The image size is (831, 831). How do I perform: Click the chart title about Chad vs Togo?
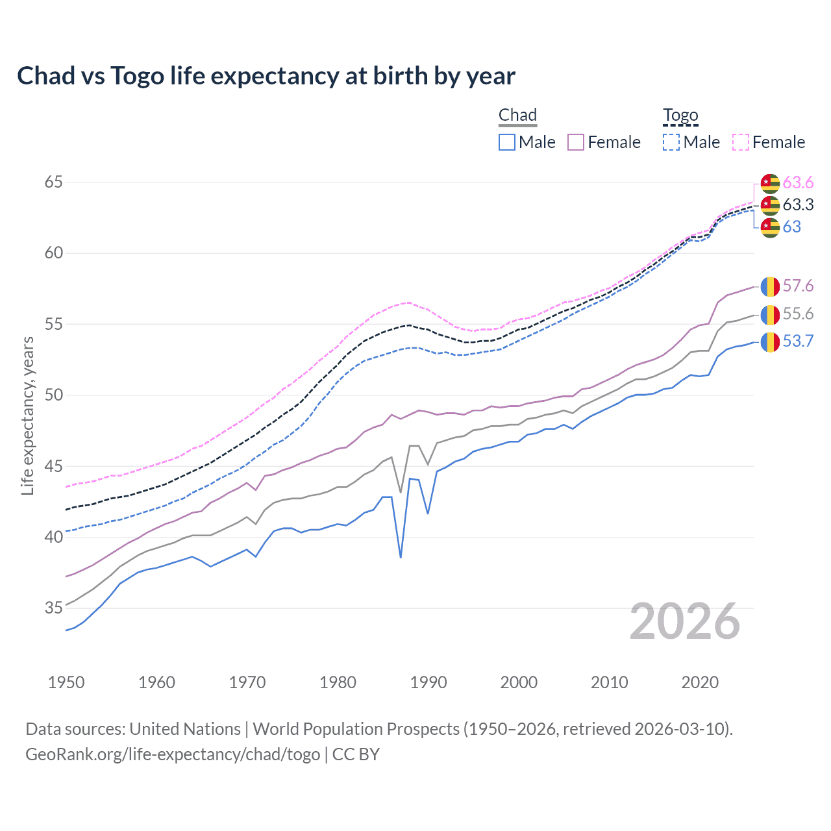[266, 76]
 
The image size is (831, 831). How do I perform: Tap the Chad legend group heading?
[517, 115]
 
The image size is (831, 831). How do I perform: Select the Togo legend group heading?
[680, 115]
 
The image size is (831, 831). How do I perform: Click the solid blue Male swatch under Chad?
[507, 142]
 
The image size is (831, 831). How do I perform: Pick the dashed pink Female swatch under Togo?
[741, 142]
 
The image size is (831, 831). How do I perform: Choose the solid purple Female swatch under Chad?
[576, 142]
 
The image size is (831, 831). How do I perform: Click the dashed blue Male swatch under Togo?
[671, 142]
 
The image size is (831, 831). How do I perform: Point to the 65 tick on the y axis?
[53, 182]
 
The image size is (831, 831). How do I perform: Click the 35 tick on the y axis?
[53, 608]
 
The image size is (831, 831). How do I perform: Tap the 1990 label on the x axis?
[428, 682]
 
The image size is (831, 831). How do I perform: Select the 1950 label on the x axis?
[66, 682]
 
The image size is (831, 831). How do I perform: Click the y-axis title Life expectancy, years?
[27, 415]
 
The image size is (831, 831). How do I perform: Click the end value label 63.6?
[798, 182]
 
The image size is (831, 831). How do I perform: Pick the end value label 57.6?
[798, 286]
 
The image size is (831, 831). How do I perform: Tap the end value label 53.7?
[798, 341]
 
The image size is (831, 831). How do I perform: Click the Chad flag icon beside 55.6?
[770, 314]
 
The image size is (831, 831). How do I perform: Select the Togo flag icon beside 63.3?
[770, 205]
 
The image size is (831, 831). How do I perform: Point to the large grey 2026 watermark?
[685, 621]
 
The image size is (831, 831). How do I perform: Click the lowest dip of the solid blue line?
[401, 557]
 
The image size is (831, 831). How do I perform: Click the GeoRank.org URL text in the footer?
[173, 754]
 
